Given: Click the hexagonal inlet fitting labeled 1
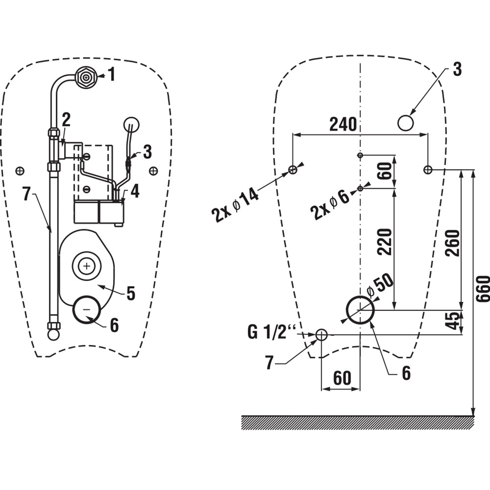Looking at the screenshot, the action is (x=86, y=77).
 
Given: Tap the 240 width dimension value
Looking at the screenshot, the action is (x=343, y=124).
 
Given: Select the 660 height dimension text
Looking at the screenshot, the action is (x=483, y=289).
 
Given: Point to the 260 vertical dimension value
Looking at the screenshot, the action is (x=453, y=243).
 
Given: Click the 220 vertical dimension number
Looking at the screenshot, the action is (x=385, y=242).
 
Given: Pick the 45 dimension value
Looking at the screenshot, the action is (x=453, y=320).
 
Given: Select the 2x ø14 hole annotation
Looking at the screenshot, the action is (x=235, y=205).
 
